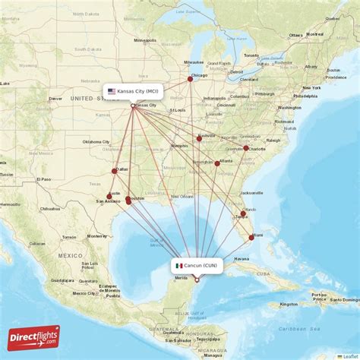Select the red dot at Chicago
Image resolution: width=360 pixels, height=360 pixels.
pos(190,78)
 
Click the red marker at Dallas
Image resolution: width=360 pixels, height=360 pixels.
pos(115,171)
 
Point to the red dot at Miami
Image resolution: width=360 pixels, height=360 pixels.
pos(251,237)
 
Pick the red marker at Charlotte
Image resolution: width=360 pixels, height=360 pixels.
pos(245,148)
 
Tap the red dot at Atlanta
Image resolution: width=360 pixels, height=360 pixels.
pos(217,163)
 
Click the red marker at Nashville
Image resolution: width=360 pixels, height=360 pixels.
pos(199,138)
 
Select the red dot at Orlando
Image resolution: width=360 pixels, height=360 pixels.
pos(243,213)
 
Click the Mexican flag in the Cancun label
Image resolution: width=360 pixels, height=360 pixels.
pos(178,266)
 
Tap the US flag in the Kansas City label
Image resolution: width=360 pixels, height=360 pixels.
pos(112,92)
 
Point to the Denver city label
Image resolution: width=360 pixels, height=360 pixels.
pos(55,98)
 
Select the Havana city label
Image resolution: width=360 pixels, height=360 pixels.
pos(242,258)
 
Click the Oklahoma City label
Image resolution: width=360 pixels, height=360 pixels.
pos(96,141)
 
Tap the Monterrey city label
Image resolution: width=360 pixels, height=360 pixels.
pos(96,235)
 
